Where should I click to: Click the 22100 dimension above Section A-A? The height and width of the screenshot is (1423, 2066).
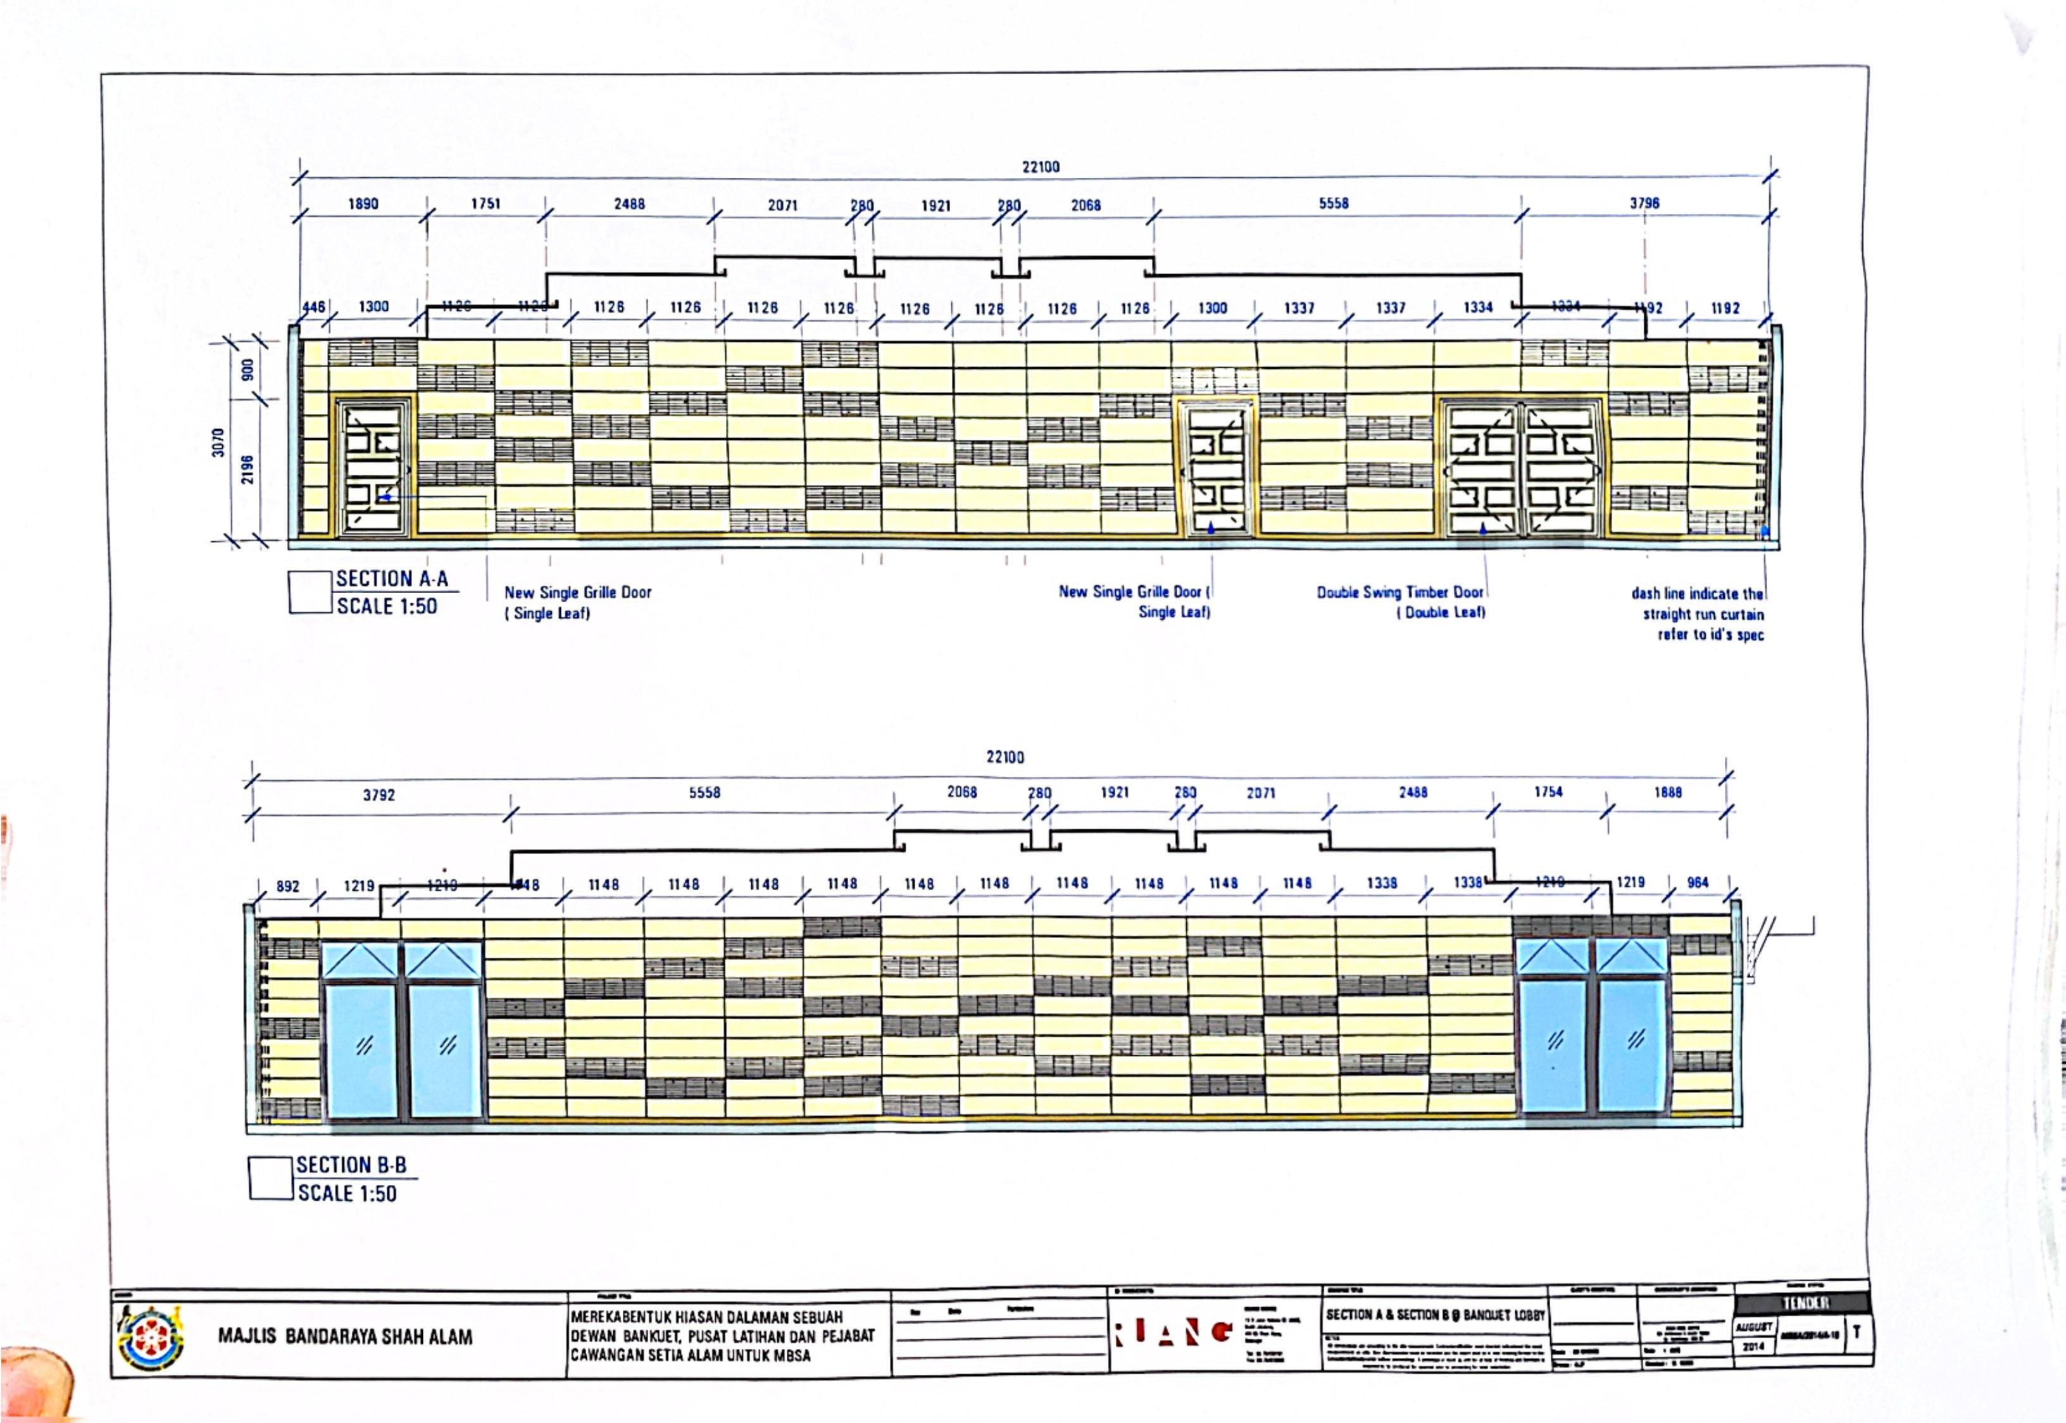click(1040, 166)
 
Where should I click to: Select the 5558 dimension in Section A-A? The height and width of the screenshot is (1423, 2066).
click(1334, 203)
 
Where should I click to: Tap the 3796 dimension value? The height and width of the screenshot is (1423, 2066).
click(1644, 203)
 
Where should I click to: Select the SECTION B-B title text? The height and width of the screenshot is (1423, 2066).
click(351, 1165)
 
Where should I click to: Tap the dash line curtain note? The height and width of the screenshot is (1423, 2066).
click(1697, 613)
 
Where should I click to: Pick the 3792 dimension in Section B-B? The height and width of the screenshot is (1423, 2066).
click(379, 794)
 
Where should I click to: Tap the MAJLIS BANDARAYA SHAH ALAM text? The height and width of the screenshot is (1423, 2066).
click(345, 1336)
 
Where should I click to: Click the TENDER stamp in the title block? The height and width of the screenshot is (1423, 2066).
click(1805, 1303)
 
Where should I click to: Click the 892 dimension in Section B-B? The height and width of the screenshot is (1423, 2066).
click(288, 886)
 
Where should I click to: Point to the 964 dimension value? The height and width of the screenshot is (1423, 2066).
click(1698, 882)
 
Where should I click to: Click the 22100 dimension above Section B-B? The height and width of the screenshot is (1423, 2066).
click(1005, 757)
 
